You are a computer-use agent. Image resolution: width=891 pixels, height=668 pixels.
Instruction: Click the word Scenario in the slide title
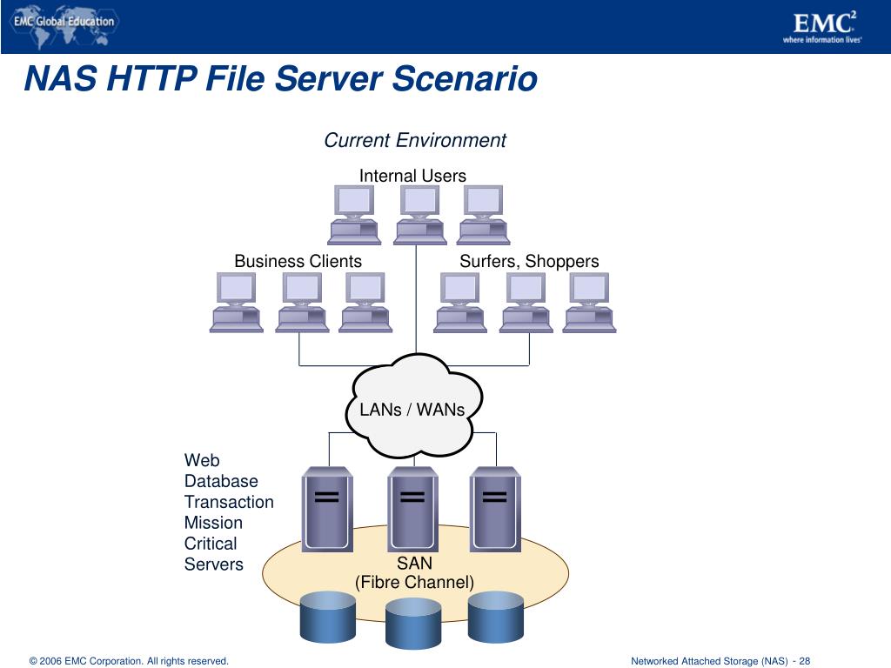coord(465,79)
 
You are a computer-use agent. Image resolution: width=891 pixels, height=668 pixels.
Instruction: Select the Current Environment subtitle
coord(415,140)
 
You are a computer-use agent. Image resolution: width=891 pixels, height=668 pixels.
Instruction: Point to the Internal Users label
coord(412,176)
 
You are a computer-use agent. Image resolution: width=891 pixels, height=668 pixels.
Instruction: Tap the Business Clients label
coord(298,261)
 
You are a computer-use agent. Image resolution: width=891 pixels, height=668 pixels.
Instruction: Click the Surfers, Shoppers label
coord(529,261)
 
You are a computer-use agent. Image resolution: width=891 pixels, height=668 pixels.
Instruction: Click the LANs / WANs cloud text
coord(412,409)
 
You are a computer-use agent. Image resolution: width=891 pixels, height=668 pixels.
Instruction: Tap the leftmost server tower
coord(328,510)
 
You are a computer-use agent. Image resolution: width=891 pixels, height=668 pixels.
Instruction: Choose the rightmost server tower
coord(495,510)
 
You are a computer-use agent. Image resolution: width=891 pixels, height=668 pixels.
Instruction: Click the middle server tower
coord(412,510)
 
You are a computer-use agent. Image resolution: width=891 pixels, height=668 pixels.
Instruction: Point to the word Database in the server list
coord(221,481)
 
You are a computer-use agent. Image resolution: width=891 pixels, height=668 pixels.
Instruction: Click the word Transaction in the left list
coord(229,502)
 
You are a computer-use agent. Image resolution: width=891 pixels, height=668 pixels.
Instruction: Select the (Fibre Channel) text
coord(414,583)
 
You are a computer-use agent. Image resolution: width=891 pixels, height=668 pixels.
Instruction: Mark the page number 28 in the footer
coord(805,661)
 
